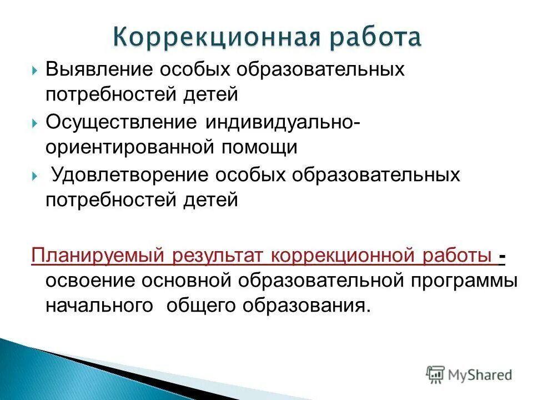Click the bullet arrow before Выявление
[35, 71]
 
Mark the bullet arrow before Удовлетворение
[35, 176]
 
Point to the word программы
[463, 281]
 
